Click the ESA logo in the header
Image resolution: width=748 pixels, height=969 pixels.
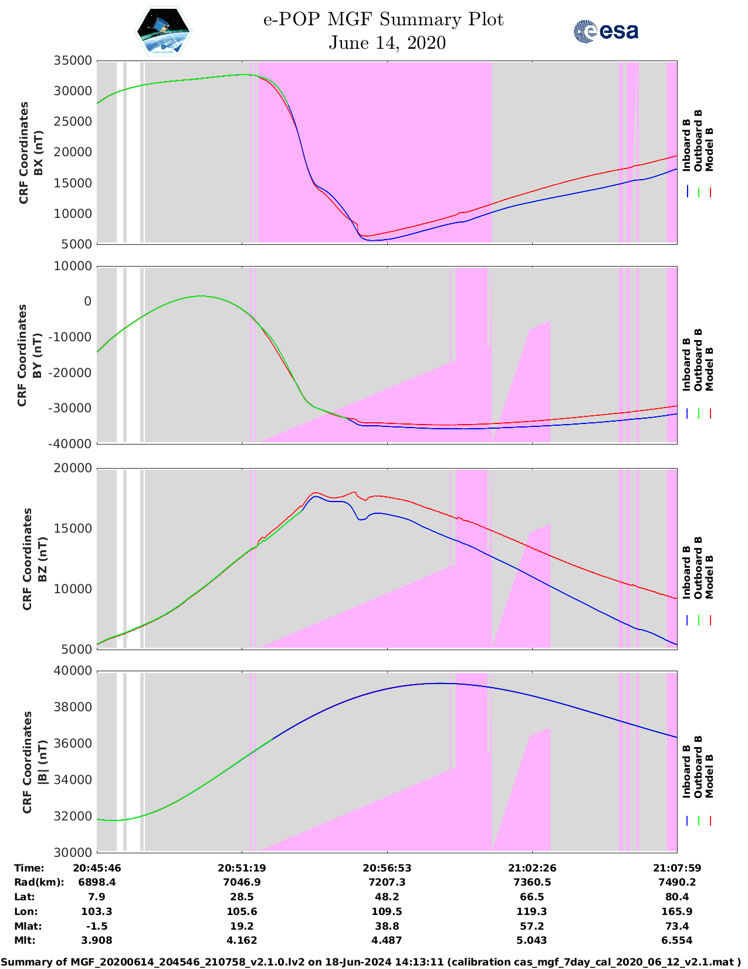point(606,31)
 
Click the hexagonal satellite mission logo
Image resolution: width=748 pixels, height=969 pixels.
point(164,32)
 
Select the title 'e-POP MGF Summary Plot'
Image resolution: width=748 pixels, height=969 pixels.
point(383,19)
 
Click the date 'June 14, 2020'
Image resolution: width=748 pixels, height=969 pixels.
point(387,43)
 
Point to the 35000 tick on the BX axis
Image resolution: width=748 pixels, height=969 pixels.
point(73,60)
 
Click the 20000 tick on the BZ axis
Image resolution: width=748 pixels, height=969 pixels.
point(73,468)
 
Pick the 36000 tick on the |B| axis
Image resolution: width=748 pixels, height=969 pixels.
point(73,743)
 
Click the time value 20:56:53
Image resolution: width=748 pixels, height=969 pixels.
point(387,868)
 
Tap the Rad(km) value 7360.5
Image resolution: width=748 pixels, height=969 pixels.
point(532,882)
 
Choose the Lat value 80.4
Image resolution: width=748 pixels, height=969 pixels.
point(677,897)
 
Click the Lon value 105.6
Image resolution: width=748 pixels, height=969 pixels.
point(242,911)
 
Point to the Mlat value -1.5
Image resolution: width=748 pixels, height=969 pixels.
point(97,926)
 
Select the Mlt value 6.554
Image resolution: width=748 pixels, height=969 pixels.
point(677,940)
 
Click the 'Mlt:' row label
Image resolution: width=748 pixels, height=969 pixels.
point(25,940)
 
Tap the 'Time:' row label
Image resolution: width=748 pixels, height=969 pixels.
point(29,868)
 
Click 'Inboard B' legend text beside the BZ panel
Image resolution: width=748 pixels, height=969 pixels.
point(687,573)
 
